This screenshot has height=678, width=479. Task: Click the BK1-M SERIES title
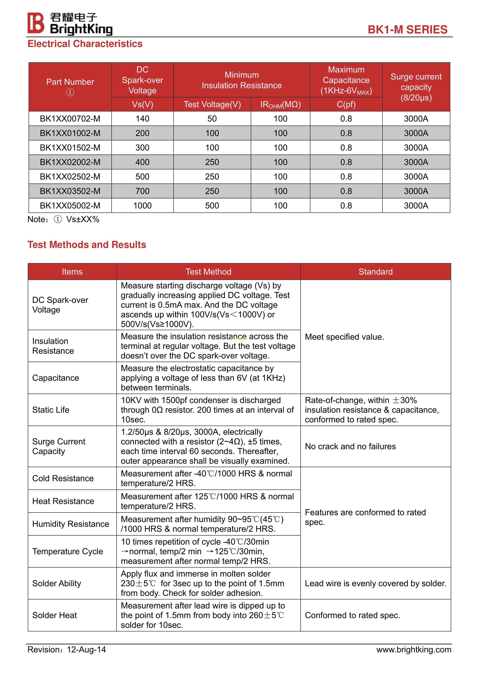(407, 30)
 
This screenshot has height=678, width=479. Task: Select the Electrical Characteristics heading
(85, 44)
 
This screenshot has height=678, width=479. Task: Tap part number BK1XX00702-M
(70, 119)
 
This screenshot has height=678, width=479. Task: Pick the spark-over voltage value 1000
(142, 206)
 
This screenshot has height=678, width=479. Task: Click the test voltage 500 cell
(212, 206)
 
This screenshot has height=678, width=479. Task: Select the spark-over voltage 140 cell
(142, 119)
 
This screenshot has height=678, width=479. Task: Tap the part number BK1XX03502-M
(70, 191)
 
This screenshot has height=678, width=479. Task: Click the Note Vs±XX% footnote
(64, 219)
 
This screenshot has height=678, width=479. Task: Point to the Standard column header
(375, 272)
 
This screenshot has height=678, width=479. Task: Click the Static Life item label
(51, 410)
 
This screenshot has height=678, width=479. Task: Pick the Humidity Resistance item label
(70, 524)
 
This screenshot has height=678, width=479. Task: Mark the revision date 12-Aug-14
(86, 649)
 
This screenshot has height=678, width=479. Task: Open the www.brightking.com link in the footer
(414, 649)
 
